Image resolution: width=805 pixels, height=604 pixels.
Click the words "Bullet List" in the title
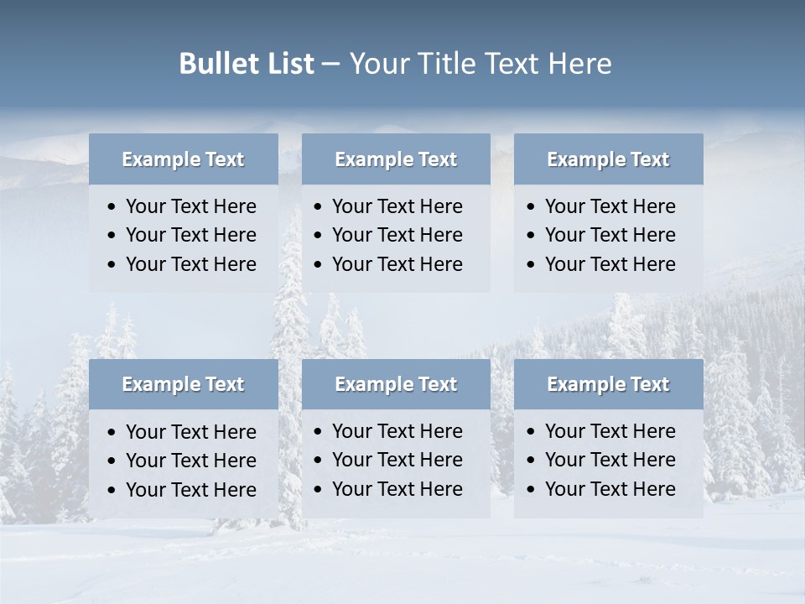(247, 64)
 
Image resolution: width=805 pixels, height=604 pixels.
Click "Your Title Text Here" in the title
(480, 64)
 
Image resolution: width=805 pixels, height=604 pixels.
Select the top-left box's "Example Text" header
(183, 159)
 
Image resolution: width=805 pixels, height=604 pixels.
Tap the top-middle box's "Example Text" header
(396, 159)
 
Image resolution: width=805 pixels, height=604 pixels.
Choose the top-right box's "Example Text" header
(608, 159)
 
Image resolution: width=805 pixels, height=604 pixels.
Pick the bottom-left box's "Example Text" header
(183, 384)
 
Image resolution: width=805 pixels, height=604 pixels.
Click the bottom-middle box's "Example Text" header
(396, 384)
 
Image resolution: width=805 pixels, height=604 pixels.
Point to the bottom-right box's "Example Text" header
(608, 384)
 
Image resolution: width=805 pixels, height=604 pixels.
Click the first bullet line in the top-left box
(190, 206)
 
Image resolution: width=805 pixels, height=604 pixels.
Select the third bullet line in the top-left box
(190, 264)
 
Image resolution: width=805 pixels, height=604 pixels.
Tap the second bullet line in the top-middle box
(397, 235)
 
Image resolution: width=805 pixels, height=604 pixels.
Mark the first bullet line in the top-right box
(610, 206)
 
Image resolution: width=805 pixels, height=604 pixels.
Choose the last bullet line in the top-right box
(610, 264)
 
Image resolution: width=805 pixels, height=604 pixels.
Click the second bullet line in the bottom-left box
(190, 461)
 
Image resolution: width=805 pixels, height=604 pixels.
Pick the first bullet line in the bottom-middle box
(397, 431)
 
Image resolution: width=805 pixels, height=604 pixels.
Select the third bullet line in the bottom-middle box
(397, 489)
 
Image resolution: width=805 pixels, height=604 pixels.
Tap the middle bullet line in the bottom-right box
(610, 460)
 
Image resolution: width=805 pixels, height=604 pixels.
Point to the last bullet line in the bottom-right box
(610, 489)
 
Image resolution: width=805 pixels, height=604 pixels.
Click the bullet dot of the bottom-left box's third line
(112, 491)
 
